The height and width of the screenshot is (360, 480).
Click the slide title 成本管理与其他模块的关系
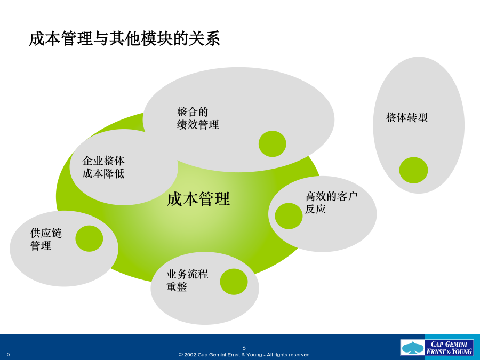pos(124,39)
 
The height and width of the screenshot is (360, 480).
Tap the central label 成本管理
pos(198,199)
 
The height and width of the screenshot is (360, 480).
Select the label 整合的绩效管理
pos(198,118)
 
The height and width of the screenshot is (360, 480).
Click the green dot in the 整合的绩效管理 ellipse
pos(272,144)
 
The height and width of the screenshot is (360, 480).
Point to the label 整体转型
pos(406,117)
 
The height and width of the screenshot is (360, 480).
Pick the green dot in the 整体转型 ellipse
pos(413,170)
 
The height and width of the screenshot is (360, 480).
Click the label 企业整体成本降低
pos(103,167)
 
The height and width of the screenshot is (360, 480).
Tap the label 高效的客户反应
pos(331,203)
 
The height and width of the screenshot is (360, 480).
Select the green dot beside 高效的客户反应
pos(289,216)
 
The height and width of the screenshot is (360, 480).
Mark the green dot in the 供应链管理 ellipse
pos(89,238)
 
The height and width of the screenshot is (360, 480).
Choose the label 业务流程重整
pos(187,281)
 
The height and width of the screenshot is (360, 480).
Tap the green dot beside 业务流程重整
pos(234,282)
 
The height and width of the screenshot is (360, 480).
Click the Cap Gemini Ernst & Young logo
pos(437,347)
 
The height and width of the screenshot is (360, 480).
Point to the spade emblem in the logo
pos(413,348)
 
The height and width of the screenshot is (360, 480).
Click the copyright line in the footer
pos(244,355)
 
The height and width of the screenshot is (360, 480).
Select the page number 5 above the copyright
pos(244,348)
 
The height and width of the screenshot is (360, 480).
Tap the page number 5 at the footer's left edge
pos(8,355)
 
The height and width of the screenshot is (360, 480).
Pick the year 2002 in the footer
pos(190,355)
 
